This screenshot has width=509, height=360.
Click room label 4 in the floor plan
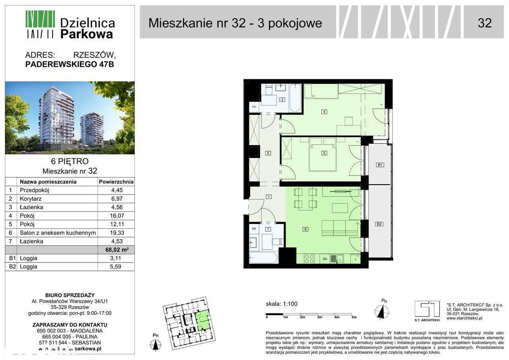(x=324, y=112)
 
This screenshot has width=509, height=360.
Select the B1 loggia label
(x=379, y=165)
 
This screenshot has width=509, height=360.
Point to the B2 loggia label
(x=379, y=224)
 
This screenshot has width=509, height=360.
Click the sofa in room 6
(x=340, y=228)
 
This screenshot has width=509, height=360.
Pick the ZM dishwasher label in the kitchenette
(x=325, y=259)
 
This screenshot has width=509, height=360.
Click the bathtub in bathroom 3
(x=295, y=98)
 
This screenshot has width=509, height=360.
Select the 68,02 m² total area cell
(x=116, y=250)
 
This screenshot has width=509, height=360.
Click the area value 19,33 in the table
(x=116, y=233)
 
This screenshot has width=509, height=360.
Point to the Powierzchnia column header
(x=116, y=182)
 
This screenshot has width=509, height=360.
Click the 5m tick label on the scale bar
(x=354, y=317)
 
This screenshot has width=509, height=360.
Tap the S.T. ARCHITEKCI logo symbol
(x=427, y=309)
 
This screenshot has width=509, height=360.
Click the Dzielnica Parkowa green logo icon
(x=40, y=24)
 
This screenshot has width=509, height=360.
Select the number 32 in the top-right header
(x=484, y=23)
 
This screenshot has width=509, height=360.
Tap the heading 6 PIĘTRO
(x=70, y=162)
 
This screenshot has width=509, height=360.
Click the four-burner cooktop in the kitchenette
(x=309, y=259)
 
